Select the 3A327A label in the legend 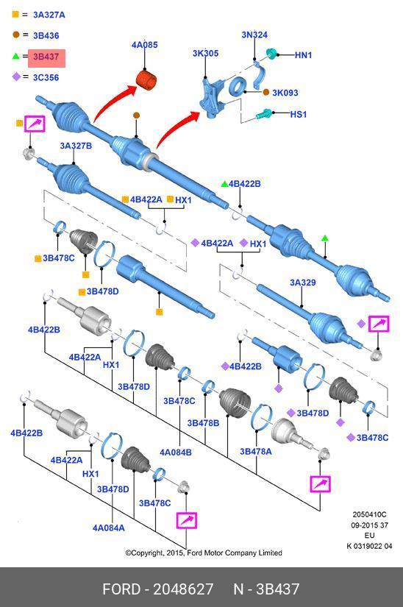49,15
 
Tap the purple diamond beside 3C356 15,77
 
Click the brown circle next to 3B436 15,35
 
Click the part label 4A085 144,46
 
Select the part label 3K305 205,54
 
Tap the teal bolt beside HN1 271,54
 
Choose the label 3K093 285,93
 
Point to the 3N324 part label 254,35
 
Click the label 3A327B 76,146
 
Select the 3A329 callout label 302,283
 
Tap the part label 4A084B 176,452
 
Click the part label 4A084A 108,528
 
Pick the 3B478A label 255,452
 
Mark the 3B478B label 203,423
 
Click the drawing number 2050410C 368,515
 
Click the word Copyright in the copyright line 150,553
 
